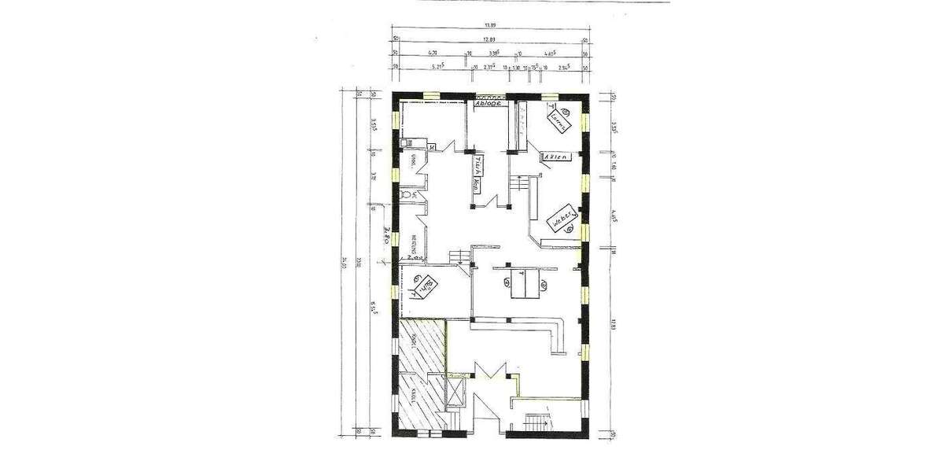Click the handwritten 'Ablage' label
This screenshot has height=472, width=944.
click(x=489, y=103)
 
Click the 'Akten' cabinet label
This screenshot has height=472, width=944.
click(x=554, y=157)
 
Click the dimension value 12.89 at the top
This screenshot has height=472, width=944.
click(x=489, y=39)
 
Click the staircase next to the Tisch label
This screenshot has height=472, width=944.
click(x=519, y=184)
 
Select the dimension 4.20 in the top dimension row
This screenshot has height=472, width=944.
click(x=432, y=53)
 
